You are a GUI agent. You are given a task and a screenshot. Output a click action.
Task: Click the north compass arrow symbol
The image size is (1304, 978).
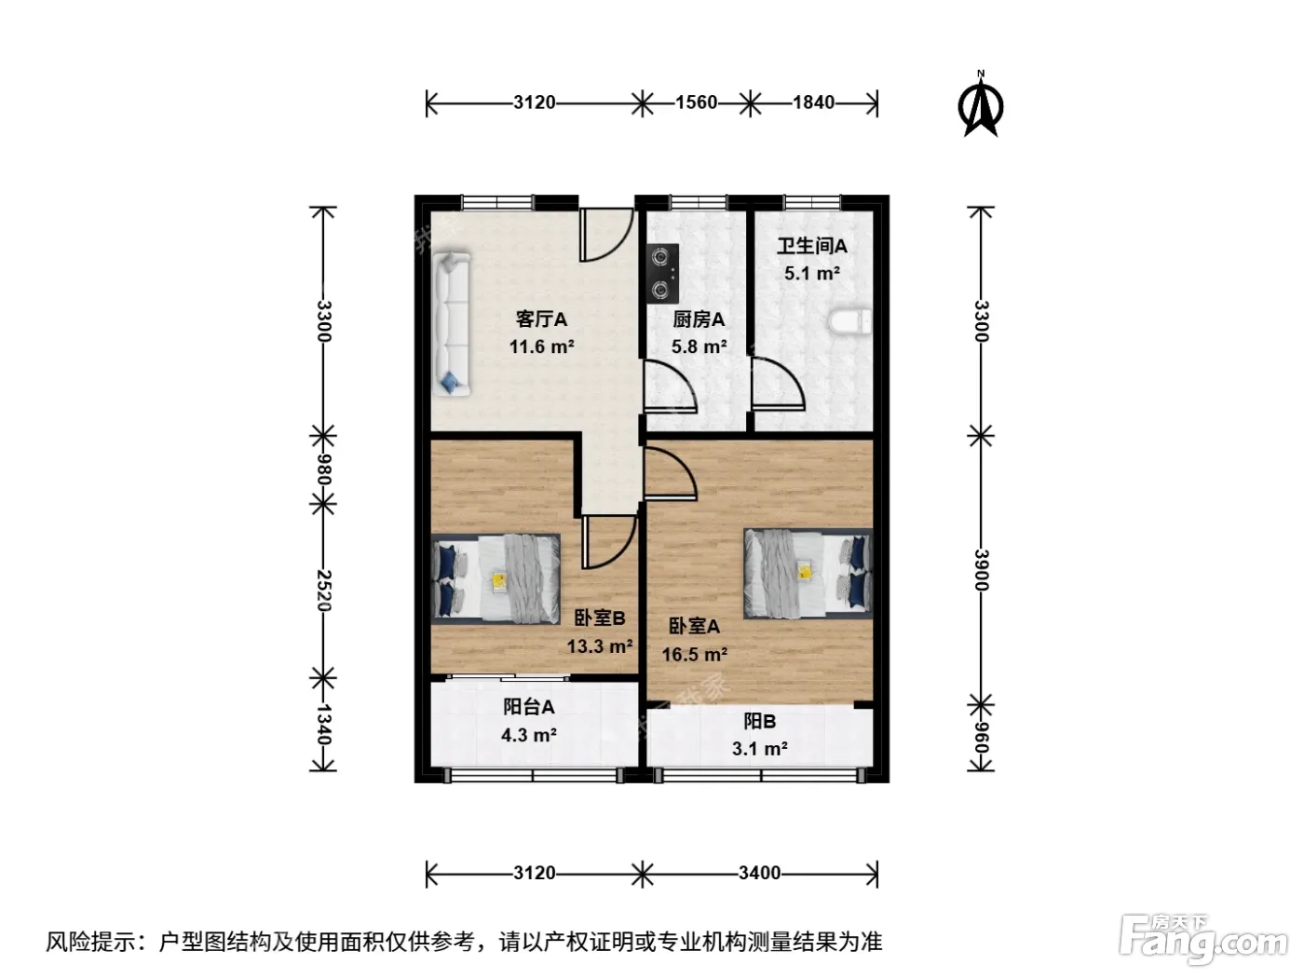click(980, 105)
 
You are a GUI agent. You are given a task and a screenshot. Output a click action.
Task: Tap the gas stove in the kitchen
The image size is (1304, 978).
click(662, 274)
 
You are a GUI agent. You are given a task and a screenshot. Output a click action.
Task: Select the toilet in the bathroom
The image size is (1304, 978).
click(850, 322)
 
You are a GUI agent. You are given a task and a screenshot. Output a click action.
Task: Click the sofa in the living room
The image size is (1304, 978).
click(452, 323)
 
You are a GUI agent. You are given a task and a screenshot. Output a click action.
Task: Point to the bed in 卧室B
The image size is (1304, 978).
click(496, 578)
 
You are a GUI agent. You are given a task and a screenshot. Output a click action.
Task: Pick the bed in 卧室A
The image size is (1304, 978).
click(808, 574)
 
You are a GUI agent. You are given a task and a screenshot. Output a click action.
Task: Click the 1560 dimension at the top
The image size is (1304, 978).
click(697, 102)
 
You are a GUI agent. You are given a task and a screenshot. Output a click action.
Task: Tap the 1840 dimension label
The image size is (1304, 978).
click(813, 102)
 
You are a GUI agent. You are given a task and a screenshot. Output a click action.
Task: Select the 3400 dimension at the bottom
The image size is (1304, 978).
click(759, 873)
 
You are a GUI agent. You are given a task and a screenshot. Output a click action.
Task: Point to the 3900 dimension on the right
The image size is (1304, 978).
click(982, 569)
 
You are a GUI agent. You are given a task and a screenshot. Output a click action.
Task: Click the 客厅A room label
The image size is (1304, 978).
click(541, 319)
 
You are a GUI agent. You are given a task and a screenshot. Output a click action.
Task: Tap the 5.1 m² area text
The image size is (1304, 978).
click(811, 274)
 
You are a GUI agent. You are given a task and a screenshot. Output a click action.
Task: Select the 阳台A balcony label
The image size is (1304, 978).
click(529, 707)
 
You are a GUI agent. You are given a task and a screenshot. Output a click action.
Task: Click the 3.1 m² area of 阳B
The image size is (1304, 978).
click(760, 749)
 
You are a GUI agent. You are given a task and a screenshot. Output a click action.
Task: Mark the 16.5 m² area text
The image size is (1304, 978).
click(695, 655)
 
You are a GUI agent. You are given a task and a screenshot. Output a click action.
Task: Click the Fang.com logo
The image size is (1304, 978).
click(1202, 939)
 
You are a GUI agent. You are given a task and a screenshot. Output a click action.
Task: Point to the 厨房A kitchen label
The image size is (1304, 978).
click(699, 319)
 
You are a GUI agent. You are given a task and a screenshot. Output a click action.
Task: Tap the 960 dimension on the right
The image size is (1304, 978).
click(982, 738)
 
